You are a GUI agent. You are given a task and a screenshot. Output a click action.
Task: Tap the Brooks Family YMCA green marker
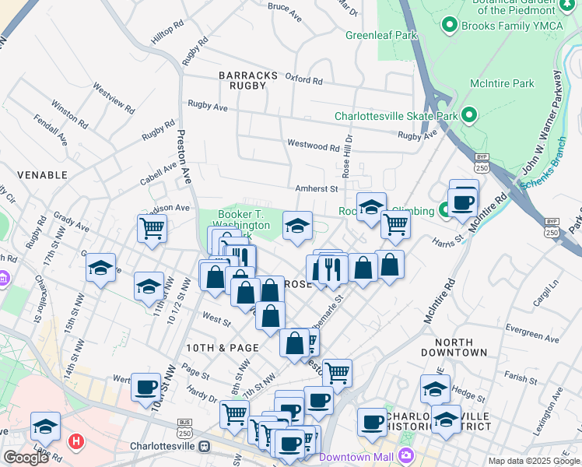pos(449,25)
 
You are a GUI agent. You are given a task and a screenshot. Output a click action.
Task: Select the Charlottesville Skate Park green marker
pos(468,116)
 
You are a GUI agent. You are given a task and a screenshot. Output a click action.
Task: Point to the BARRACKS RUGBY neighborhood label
pos(248,80)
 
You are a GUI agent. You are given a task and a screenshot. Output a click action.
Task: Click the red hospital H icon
pos(75,442)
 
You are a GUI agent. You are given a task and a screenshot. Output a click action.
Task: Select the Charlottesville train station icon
pos(205,447)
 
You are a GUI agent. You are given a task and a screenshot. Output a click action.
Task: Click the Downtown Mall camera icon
pos(405,455)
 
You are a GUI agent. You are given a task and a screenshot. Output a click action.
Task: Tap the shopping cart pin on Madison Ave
pos(152,228)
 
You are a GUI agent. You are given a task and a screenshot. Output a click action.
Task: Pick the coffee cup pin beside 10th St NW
pos(145,387)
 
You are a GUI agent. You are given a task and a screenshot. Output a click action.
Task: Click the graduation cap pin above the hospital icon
pos(45,426)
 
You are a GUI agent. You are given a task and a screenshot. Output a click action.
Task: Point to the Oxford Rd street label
pos(303,79)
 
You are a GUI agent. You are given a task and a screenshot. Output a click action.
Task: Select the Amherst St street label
pos(316,188)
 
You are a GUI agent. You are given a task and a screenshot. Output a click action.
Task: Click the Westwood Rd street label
pos(314,146)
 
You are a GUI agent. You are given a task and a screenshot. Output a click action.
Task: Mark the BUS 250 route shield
pos(184,428)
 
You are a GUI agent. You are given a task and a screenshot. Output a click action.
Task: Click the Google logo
pos(26,458)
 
